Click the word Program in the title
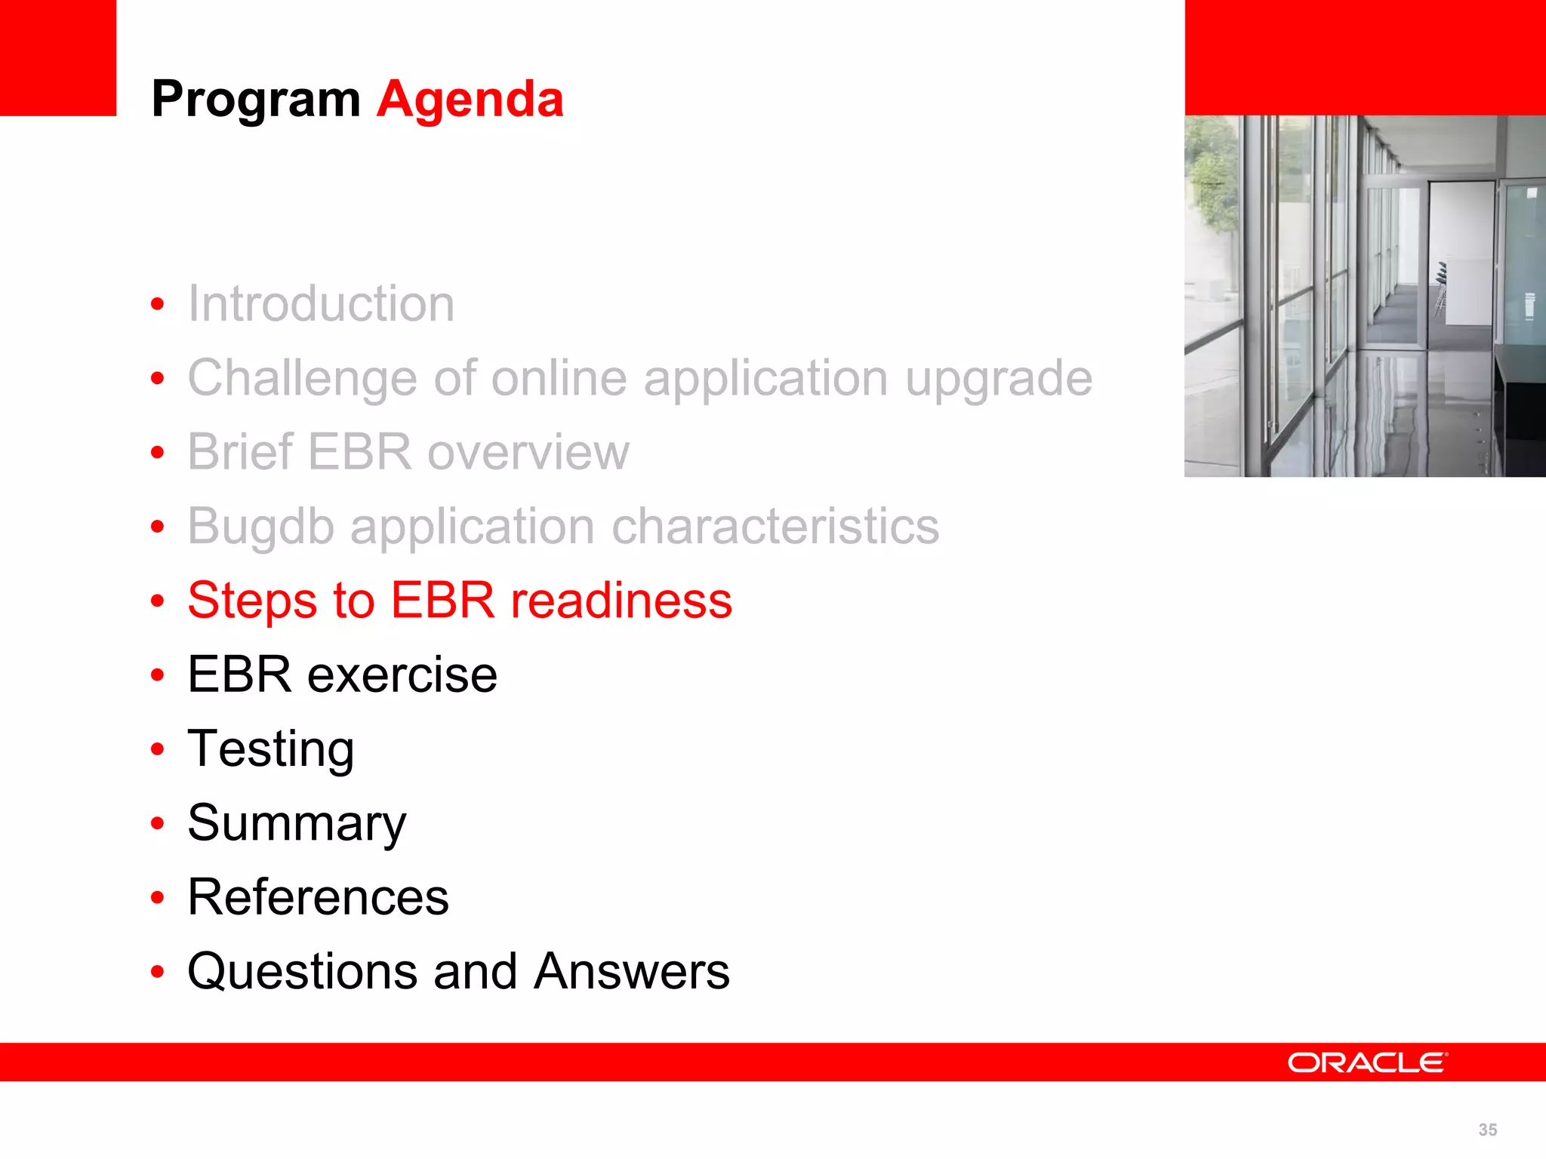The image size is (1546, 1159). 255,100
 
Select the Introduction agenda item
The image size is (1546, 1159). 321,304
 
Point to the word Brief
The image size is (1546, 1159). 239,452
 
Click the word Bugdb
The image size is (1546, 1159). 260,527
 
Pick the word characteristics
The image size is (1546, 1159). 775,526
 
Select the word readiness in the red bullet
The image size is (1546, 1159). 621,601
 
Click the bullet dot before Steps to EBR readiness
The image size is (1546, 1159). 157,601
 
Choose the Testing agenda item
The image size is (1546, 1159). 270,749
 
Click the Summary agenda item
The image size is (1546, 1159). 297,823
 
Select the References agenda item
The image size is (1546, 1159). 318,897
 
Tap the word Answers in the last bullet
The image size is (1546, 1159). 631,971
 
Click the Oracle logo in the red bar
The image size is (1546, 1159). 1367,1062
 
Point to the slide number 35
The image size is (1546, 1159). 1487,1130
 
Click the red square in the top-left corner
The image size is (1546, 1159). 58,57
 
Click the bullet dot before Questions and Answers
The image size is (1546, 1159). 157,972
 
